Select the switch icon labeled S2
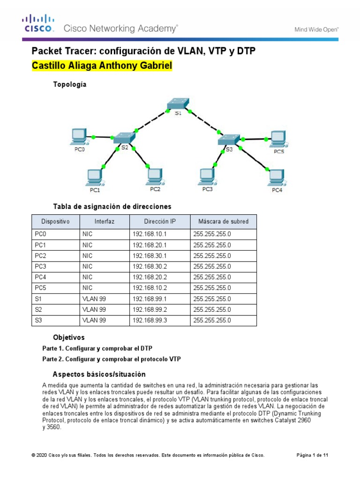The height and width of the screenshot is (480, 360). click(124, 137)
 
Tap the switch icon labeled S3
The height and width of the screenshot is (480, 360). click(228, 139)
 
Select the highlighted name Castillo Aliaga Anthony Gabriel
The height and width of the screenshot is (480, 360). click(102, 65)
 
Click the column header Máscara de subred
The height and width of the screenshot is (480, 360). click(223, 221)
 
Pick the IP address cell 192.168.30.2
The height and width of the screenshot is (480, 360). click(150, 266)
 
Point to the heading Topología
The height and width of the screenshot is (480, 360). click(71, 84)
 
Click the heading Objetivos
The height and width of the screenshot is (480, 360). click(69, 337)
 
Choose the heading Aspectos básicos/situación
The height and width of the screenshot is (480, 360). click(99, 374)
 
